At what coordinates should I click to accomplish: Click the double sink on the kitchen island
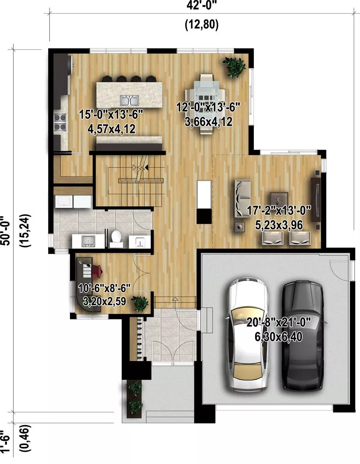tap(129, 101)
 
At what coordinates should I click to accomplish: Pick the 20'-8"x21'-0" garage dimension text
tap(278, 322)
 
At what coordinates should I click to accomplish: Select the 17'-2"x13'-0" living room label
tap(279, 211)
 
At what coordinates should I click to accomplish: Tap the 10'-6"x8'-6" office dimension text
tap(104, 288)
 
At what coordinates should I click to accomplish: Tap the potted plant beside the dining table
tap(234, 66)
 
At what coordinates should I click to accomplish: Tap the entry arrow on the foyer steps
tap(175, 303)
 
